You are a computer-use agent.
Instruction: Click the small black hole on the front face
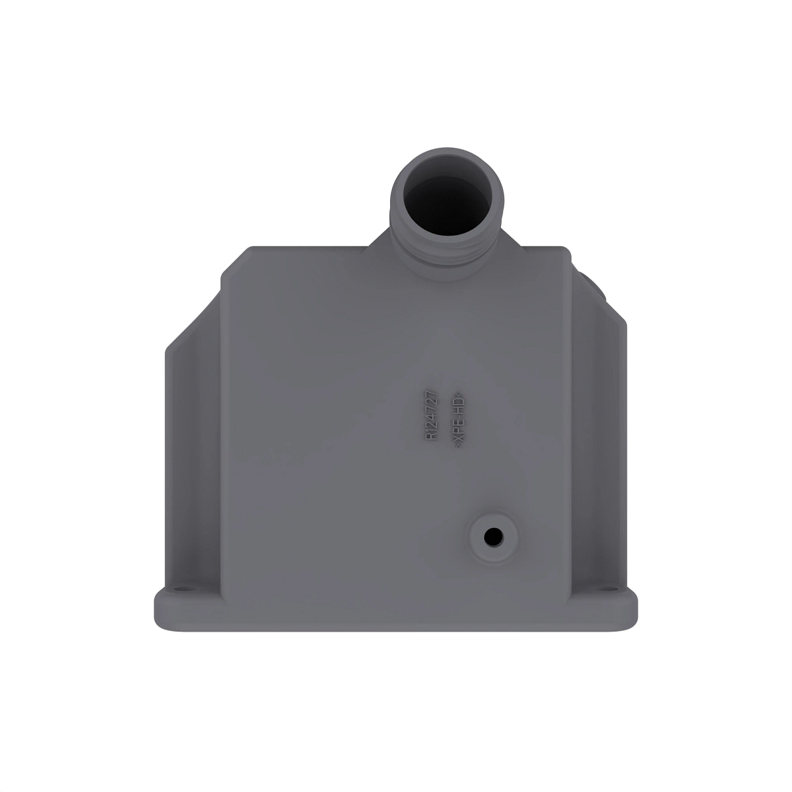pos(492,537)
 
